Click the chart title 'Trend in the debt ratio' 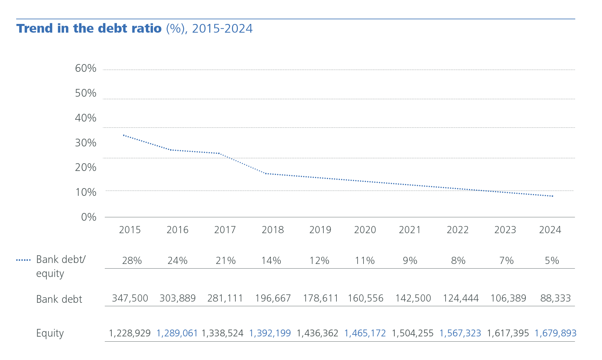coord(89,28)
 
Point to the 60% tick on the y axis coord(86,68)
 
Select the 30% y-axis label coord(86,143)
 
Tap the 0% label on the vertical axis coord(89,217)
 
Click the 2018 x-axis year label coord(273,230)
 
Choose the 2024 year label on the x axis coord(550,230)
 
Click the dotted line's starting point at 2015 coord(124,135)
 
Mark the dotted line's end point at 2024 coord(553,196)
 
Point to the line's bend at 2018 coord(266,173)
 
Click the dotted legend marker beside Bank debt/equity coord(23,260)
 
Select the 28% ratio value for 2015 coord(132,261)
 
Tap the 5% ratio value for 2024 coord(552,261)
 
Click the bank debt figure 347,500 coord(130,298)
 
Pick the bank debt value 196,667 coord(273,298)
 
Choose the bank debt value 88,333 coord(555,298)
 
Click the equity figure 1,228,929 coord(130,333)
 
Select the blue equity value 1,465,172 coord(365,333)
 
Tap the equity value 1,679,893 coord(555,333)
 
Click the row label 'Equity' coord(50,333)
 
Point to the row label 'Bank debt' coord(59,299)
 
